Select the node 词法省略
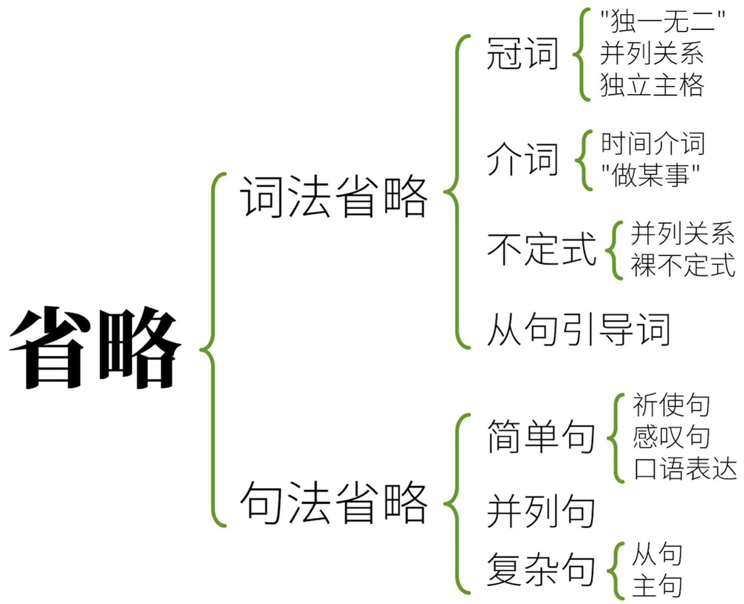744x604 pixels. [333, 197]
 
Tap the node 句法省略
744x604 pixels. [333, 503]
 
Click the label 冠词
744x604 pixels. [522, 54]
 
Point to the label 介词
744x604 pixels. [522, 159]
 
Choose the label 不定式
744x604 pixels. [541, 249]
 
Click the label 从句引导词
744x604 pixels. [578, 329]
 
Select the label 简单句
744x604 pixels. [541, 437]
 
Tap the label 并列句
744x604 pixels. [541, 511]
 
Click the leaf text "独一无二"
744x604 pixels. [662, 21]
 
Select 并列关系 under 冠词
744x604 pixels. [652, 53]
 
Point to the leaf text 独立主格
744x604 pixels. [652, 85]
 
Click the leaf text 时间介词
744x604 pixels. [653, 144]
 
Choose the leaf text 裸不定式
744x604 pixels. [683, 265]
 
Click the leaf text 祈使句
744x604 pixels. [671, 404]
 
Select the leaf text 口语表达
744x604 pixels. [685, 469]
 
